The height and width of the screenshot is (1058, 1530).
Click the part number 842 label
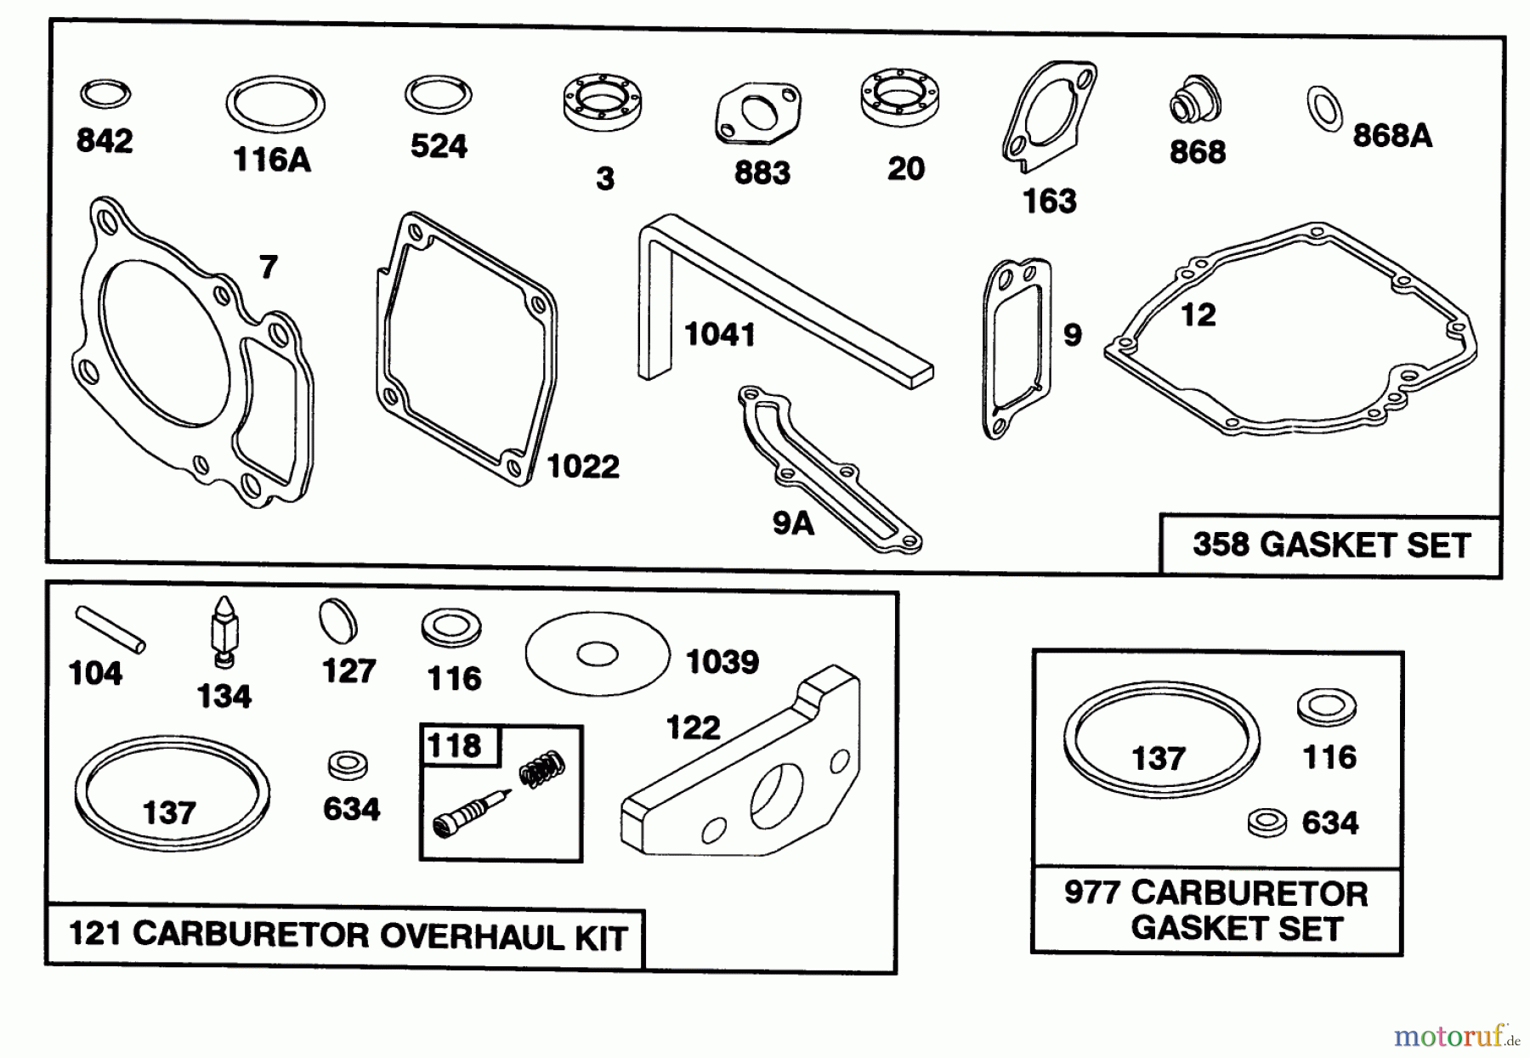(x=105, y=141)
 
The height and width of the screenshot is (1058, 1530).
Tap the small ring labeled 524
(x=438, y=94)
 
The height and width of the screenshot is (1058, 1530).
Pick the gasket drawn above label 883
(x=757, y=114)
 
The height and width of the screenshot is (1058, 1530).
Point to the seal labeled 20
(x=899, y=95)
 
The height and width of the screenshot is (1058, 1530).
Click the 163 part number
(x=1049, y=202)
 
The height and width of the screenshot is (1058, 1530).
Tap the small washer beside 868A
(x=1324, y=109)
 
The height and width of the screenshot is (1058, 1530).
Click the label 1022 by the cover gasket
(x=582, y=467)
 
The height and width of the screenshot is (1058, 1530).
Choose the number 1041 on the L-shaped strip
(x=719, y=335)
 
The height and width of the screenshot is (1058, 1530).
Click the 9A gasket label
(x=792, y=523)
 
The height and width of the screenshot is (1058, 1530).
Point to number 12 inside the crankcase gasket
(x=1198, y=315)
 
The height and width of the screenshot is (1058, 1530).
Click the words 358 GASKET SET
(x=1330, y=545)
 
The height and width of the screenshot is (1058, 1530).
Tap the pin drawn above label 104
(x=110, y=629)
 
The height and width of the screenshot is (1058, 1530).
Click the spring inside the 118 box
(x=541, y=768)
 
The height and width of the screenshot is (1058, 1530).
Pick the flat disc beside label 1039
(x=597, y=654)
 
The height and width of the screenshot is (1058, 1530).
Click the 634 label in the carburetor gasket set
(x=1329, y=823)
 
